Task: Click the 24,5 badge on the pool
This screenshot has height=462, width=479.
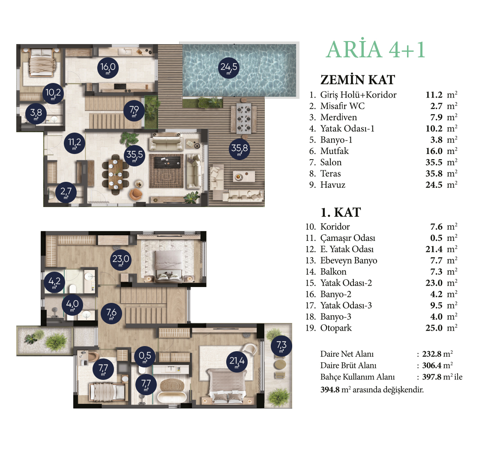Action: click(x=229, y=68)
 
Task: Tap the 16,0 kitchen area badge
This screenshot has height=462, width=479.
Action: click(x=108, y=68)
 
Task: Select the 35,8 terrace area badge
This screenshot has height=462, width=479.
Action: click(x=239, y=149)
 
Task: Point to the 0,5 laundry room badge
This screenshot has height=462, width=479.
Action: click(x=145, y=356)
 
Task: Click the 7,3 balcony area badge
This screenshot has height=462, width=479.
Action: click(x=281, y=346)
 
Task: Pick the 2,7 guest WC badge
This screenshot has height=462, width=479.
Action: click(x=66, y=192)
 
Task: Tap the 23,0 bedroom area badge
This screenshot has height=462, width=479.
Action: click(x=121, y=260)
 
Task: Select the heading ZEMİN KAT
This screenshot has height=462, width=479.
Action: click(x=358, y=80)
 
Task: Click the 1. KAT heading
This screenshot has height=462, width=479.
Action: click(x=341, y=212)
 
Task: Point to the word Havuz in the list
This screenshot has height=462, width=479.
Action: click(x=332, y=185)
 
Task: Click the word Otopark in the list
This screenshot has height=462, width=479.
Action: click(x=336, y=328)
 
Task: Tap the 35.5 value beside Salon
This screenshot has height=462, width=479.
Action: click(x=434, y=162)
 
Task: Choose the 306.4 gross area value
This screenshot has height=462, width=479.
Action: click(x=432, y=365)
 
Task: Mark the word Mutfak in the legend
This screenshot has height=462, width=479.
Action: click(x=334, y=151)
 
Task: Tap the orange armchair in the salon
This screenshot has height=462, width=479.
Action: click(x=136, y=194)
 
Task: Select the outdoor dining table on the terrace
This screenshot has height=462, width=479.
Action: click(x=244, y=118)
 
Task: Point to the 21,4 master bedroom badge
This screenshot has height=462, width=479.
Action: click(x=237, y=361)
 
